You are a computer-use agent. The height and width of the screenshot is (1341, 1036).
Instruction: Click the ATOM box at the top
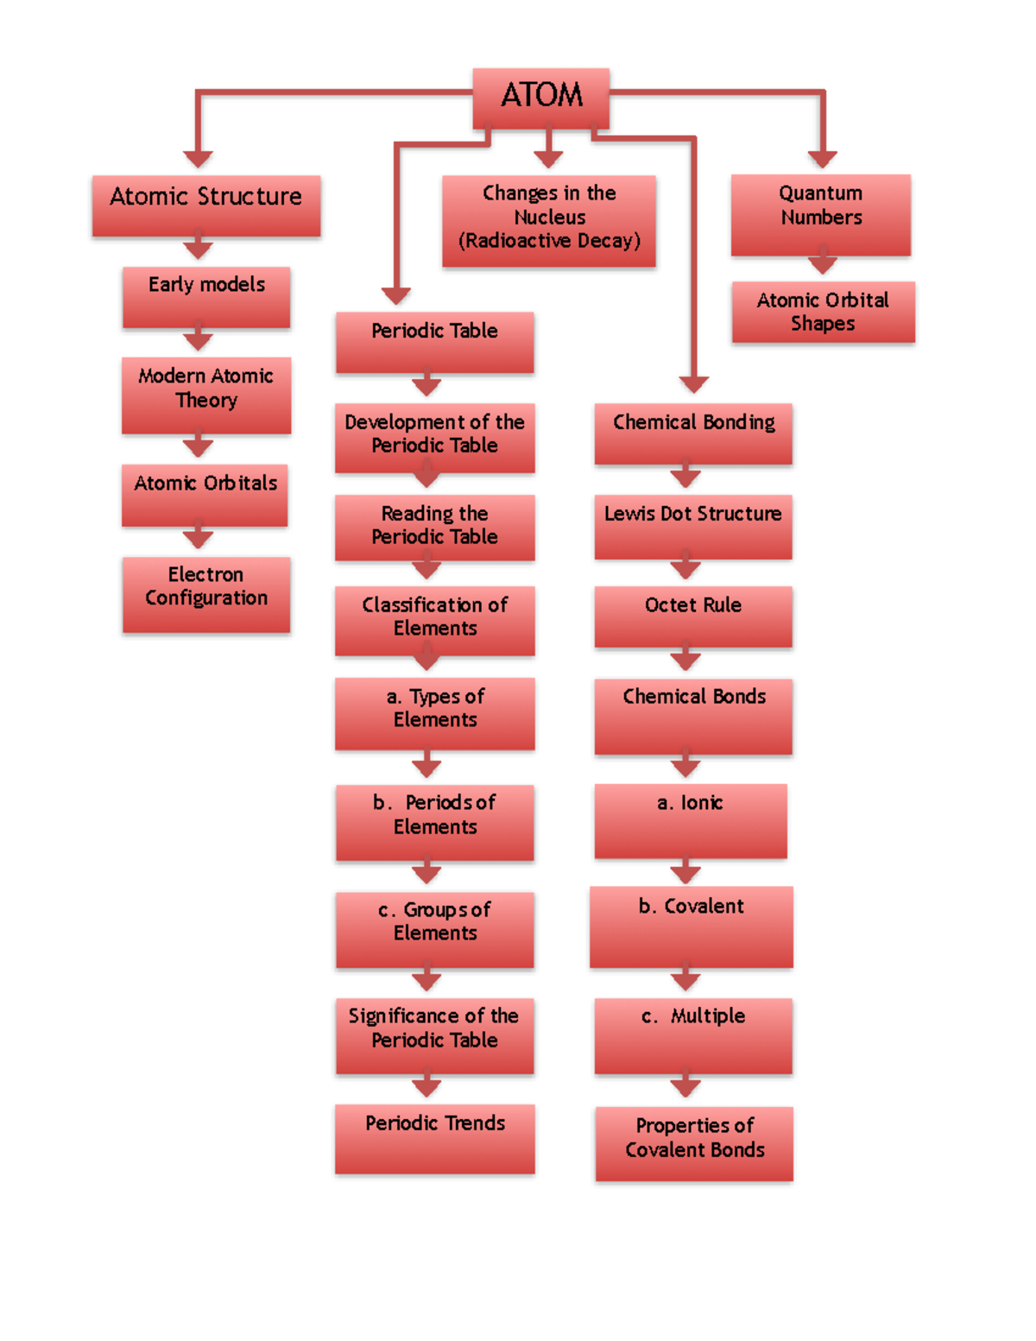coord(541,98)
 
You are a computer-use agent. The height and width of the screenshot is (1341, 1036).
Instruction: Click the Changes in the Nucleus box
coord(549,221)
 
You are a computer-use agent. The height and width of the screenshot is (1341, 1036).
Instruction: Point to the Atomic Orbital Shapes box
coord(823,312)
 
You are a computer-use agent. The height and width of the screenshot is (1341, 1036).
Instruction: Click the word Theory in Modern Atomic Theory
coord(206,401)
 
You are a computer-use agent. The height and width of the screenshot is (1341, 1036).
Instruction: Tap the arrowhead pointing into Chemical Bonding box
coord(693,384)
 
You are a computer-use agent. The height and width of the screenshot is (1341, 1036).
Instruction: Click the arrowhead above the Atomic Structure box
coord(198,159)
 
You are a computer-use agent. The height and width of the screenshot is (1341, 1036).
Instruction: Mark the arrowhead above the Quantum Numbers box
coord(822,159)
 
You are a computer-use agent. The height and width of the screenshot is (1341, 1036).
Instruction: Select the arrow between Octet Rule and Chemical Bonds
coord(685,661)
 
